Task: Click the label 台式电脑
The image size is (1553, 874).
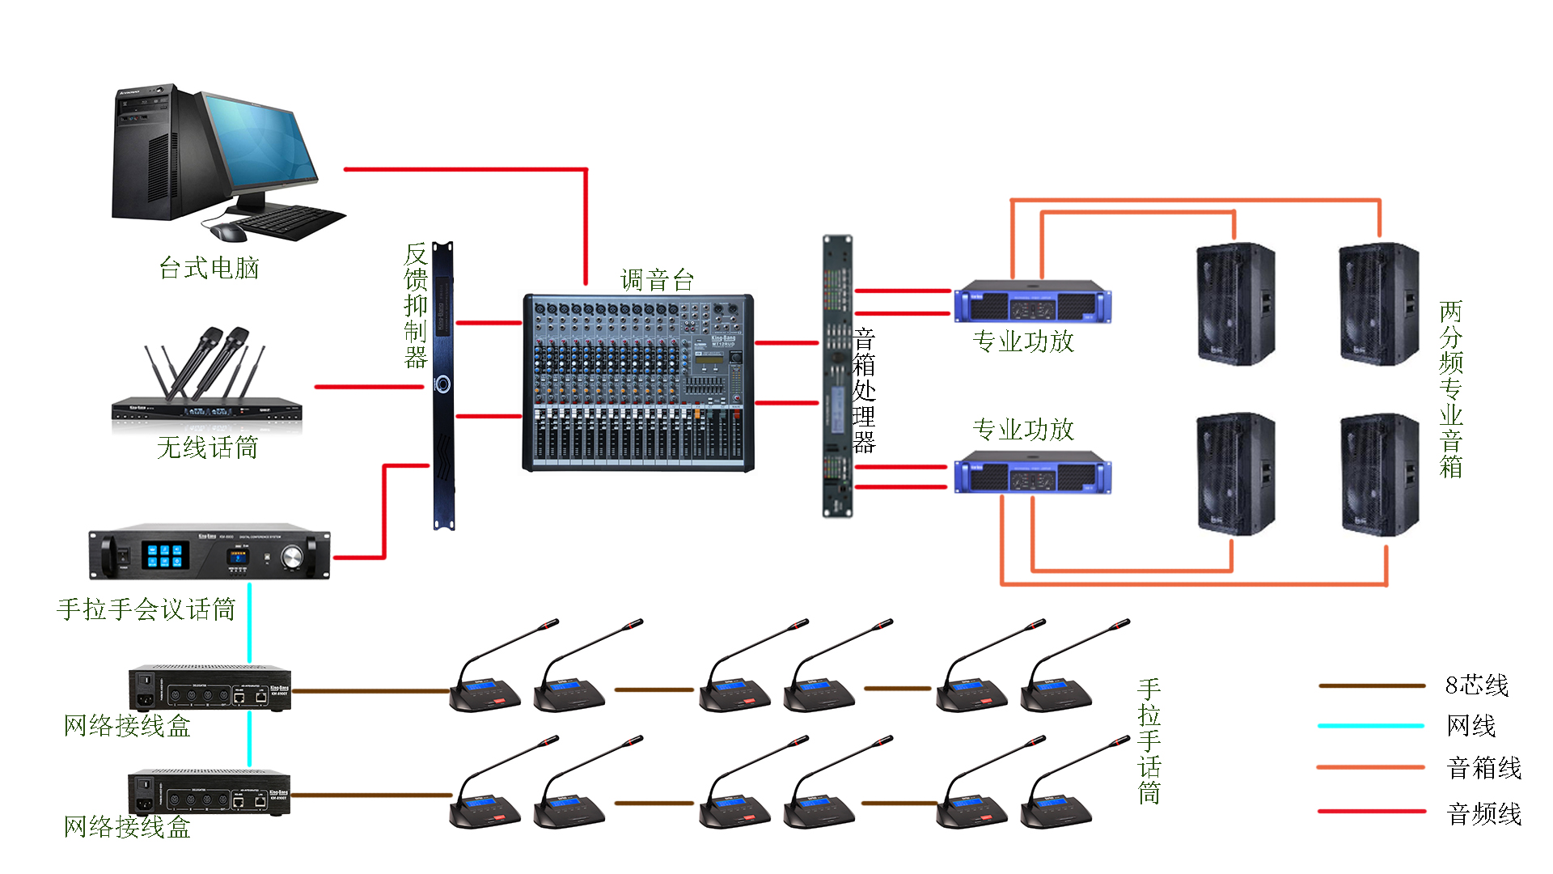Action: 209,268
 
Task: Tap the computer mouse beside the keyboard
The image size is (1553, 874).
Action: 228,232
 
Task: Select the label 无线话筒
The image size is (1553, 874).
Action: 207,448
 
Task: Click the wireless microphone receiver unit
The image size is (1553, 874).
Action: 206,409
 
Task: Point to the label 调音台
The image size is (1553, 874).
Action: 657,280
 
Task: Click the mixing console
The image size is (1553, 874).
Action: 638,383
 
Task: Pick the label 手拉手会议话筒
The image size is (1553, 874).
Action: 146,609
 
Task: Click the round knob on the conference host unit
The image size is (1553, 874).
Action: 291,556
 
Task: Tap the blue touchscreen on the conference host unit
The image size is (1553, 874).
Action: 165,555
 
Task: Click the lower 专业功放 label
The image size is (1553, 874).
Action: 1022,429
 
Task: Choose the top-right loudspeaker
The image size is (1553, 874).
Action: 1378,304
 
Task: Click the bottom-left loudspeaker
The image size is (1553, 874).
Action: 1235,474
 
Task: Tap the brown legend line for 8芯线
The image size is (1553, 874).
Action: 1371,685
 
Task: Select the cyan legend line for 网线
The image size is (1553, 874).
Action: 1371,726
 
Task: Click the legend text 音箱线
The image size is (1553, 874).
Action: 1483,768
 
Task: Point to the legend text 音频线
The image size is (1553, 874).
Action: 1483,813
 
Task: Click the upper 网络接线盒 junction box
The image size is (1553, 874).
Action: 209,689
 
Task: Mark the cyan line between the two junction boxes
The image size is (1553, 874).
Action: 249,739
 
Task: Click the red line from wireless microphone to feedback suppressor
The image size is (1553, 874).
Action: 369,387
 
